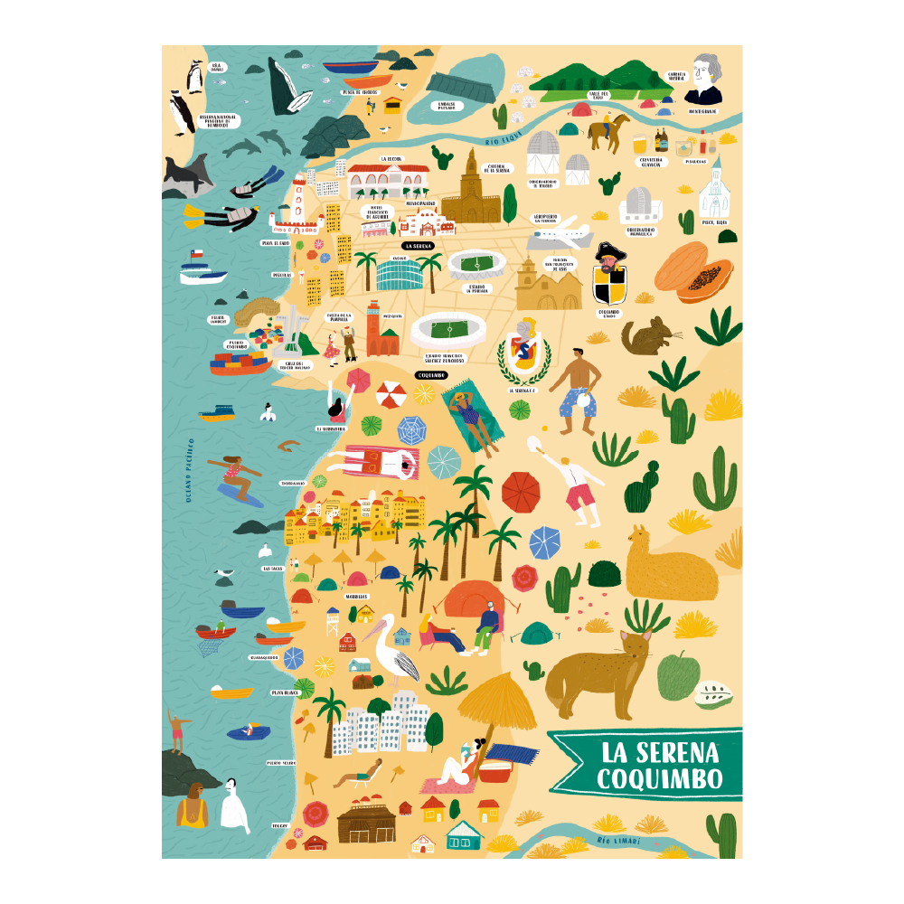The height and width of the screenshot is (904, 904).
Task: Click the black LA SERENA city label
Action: (419, 245)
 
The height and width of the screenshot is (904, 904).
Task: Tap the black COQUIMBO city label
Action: (431, 374)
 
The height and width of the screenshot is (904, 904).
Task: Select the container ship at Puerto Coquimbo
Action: (240, 363)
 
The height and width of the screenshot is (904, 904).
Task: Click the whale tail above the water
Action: (288, 86)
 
